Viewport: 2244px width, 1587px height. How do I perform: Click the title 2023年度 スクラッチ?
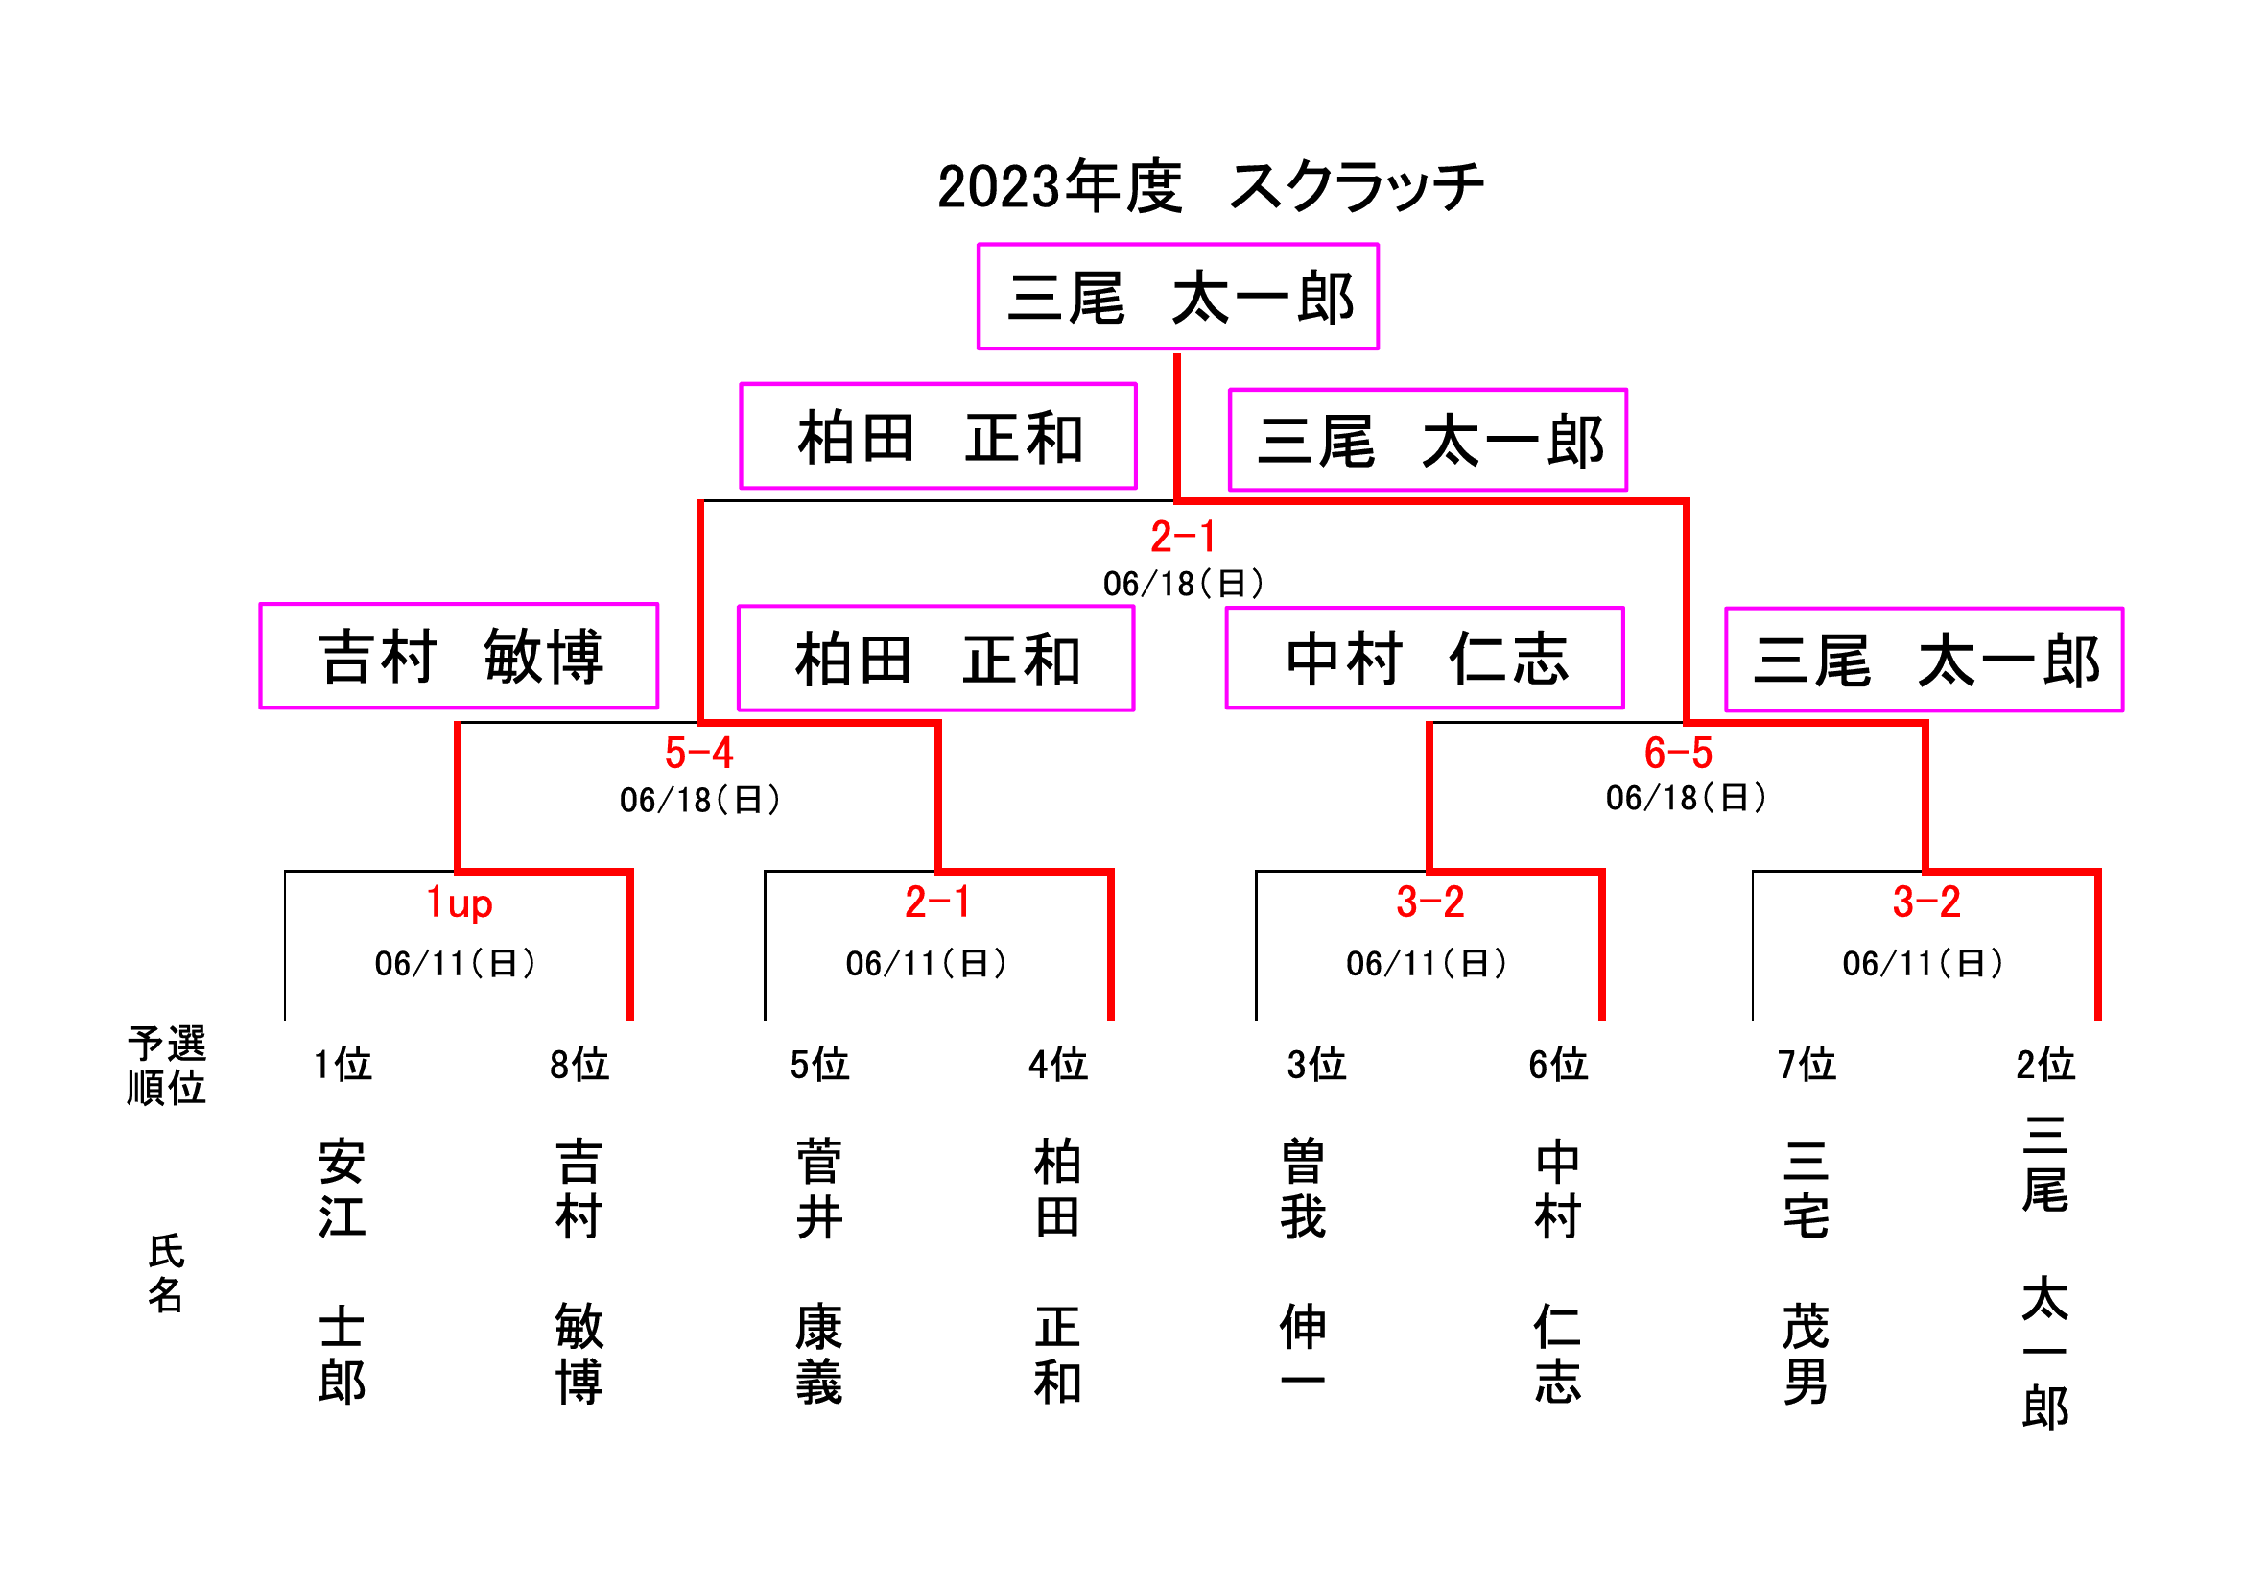(1210, 186)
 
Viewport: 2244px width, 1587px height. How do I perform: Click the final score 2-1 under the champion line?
(1183, 537)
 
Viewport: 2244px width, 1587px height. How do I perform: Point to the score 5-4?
(698, 753)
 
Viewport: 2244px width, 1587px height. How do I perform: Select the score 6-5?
(1678, 753)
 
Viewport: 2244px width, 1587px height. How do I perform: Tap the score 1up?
(460, 902)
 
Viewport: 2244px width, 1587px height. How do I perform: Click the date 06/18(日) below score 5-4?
(699, 800)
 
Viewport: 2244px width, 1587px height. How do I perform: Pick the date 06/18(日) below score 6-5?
(1686, 798)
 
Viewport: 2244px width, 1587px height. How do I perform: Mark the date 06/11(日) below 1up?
(456, 963)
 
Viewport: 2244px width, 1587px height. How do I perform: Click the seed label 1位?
(343, 1064)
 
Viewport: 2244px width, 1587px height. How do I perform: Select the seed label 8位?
(579, 1064)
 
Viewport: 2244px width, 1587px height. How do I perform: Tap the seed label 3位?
(1316, 1064)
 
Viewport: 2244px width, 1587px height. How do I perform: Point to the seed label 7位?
(1807, 1064)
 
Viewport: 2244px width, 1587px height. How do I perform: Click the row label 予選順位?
(166, 1065)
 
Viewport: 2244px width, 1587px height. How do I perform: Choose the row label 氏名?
(166, 1272)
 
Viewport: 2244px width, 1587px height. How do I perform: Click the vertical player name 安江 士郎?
(343, 1271)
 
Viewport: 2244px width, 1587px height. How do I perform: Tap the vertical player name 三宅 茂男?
(1807, 1271)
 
